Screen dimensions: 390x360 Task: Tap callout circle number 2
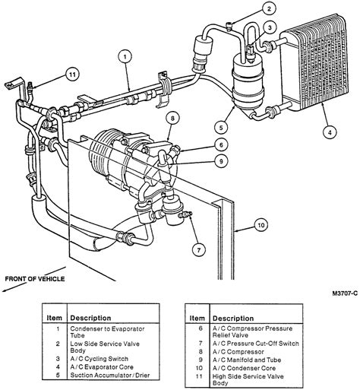268,9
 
